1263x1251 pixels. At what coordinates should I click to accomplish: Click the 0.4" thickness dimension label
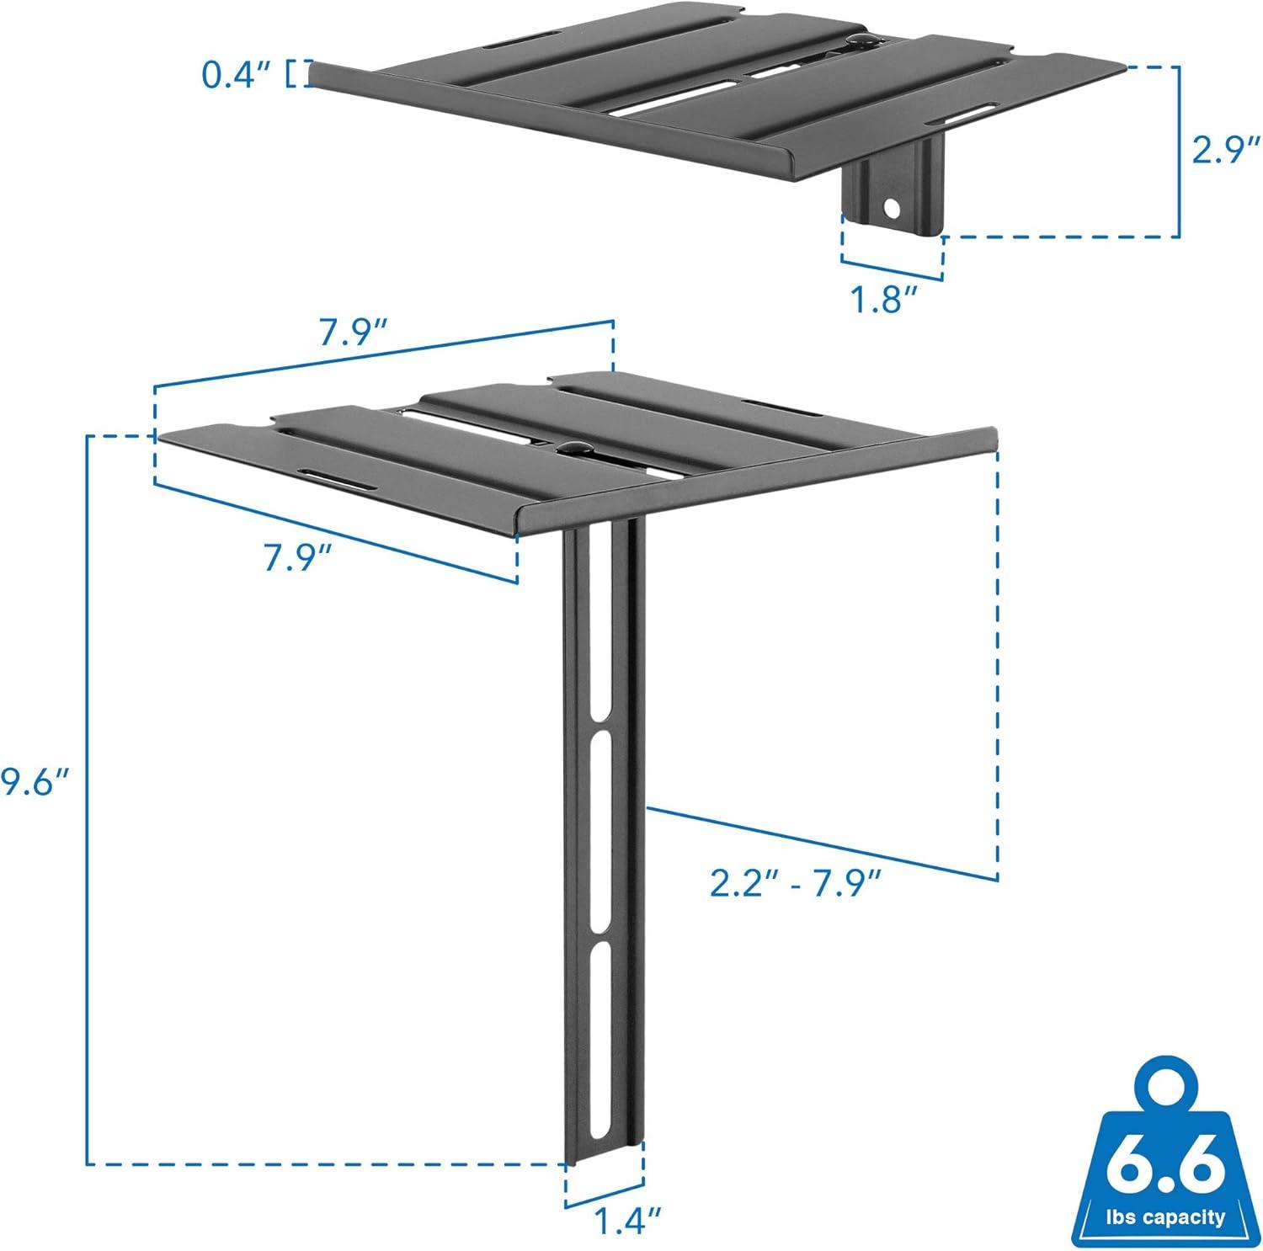pyautogui.click(x=237, y=75)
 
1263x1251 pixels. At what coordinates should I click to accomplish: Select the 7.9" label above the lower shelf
pyautogui.click(x=354, y=335)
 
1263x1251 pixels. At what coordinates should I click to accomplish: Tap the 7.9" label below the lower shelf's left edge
pyautogui.click(x=297, y=556)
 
